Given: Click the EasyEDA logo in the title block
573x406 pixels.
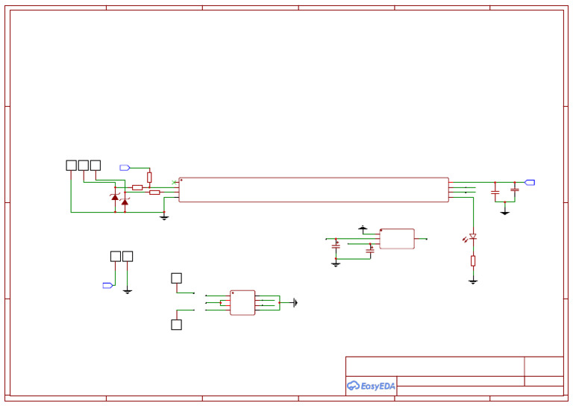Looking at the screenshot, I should click(x=371, y=386).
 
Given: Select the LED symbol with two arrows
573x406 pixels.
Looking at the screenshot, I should click(x=472, y=237).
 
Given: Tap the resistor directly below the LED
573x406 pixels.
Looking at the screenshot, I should click(x=473, y=260).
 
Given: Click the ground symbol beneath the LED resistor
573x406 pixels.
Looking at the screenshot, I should click(x=473, y=281).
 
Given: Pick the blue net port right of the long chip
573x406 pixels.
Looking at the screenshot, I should click(x=530, y=182).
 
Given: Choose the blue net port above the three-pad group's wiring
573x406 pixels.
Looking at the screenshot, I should click(x=125, y=168).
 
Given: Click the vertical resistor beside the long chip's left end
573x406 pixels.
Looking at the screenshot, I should click(x=149, y=178).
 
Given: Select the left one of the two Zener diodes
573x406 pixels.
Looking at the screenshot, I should click(x=115, y=198).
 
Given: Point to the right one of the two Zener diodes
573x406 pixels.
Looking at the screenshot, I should click(x=125, y=202).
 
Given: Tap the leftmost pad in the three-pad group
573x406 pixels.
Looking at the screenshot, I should click(x=71, y=165).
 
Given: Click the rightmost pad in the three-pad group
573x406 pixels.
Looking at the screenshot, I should click(x=95, y=165).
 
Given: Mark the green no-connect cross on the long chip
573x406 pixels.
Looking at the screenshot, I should click(x=174, y=182).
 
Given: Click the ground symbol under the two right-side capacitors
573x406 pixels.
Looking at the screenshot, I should click(x=505, y=213).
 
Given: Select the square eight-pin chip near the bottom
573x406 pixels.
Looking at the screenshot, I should click(x=242, y=302).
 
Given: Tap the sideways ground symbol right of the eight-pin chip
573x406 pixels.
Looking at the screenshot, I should click(x=295, y=302).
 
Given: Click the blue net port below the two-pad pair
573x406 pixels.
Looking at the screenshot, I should click(x=107, y=285).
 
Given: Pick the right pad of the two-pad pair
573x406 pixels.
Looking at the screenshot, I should click(x=128, y=256).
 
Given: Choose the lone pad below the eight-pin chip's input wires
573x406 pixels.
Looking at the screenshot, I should click(x=176, y=325).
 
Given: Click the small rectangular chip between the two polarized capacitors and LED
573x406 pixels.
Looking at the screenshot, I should click(x=397, y=239).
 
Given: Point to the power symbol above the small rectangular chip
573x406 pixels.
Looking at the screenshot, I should click(x=363, y=227).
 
